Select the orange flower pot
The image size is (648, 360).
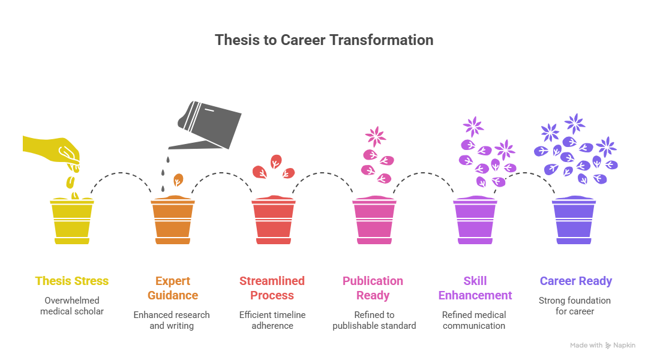(x=173, y=220)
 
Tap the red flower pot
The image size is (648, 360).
(x=274, y=220)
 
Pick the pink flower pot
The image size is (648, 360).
(x=374, y=220)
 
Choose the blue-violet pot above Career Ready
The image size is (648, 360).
(x=574, y=220)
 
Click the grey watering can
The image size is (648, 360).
(x=206, y=126)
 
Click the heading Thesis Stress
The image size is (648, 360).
(x=72, y=281)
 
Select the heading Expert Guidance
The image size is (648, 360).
(x=173, y=288)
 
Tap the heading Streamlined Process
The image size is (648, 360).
(x=272, y=288)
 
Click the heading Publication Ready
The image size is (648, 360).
(x=373, y=288)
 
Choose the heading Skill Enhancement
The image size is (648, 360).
(x=475, y=288)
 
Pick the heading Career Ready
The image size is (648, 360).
(x=575, y=281)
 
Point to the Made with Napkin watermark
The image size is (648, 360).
(x=602, y=345)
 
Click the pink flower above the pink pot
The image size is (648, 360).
(x=376, y=137)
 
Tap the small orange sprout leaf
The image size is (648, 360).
(x=178, y=180)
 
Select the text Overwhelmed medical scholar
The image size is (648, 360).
(x=72, y=306)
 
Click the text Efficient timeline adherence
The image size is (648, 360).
(x=272, y=320)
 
